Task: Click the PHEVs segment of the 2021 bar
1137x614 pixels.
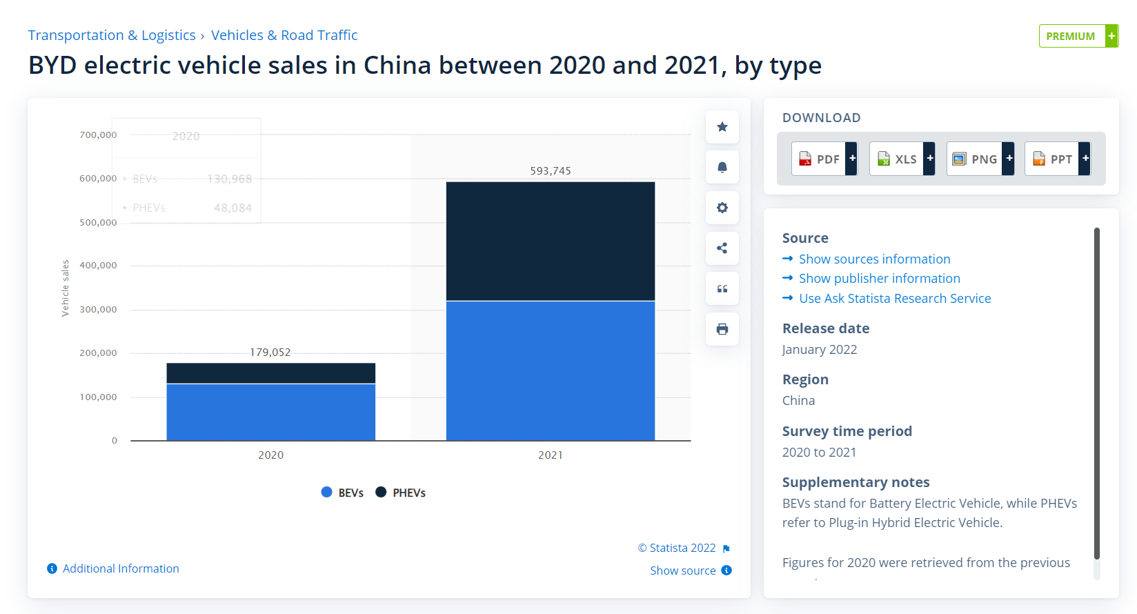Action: (550, 241)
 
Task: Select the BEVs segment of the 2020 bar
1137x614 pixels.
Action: (270, 412)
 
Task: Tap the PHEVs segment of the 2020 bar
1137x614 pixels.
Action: (270, 373)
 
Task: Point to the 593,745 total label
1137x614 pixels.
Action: (550, 170)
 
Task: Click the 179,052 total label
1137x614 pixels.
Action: (270, 352)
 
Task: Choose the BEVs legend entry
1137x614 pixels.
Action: (342, 493)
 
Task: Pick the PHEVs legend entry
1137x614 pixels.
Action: (400, 493)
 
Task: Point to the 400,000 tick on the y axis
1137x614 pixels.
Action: (98, 266)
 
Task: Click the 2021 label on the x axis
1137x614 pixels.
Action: (550, 455)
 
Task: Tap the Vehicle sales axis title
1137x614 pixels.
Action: (66, 288)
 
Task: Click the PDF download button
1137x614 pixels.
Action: (824, 159)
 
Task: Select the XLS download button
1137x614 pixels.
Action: (902, 159)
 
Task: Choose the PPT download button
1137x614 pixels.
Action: (1057, 159)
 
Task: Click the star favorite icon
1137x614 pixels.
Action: (722, 127)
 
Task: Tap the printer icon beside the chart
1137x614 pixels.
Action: (722, 329)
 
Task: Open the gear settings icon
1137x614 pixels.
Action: (722, 208)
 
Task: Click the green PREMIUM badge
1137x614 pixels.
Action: (1078, 36)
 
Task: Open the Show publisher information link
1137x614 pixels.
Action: (879, 279)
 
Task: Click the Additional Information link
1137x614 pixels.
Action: (120, 568)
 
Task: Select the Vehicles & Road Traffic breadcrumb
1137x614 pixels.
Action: (284, 35)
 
